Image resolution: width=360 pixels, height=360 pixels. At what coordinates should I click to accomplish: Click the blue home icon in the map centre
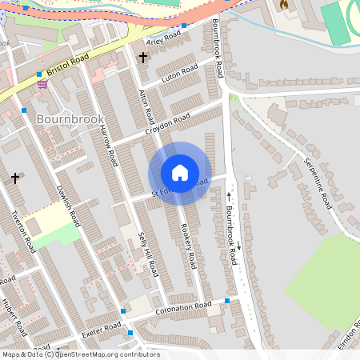180,173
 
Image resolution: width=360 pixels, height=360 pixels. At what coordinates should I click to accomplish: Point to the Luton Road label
179,74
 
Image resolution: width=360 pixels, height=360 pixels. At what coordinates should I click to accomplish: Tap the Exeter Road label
101,327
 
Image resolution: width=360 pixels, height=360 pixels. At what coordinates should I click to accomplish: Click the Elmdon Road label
347,339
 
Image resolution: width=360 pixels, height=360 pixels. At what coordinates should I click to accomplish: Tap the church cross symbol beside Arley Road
143,58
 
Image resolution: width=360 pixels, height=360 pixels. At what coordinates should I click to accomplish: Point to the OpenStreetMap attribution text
80,354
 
